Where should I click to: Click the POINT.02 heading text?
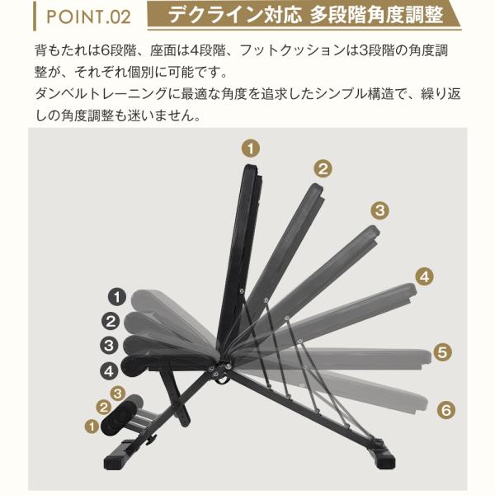point(88,16)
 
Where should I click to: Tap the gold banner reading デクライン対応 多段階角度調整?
point(304,15)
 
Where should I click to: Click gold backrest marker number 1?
point(251,148)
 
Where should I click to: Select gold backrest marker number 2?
point(323,168)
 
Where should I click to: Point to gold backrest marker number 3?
point(379,210)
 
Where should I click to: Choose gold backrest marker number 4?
point(425,277)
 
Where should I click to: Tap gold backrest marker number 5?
point(442,352)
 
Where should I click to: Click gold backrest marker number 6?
point(446,410)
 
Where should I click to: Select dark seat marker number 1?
point(117,297)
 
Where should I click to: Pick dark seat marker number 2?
point(111,322)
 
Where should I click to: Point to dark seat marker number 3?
point(109,345)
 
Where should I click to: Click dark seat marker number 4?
point(109,371)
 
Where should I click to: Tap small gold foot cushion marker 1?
point(92,427)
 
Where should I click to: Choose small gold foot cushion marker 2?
point(104,408)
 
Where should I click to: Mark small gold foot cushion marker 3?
point(117,394)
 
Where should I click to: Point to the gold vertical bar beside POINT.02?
point(35,16)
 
